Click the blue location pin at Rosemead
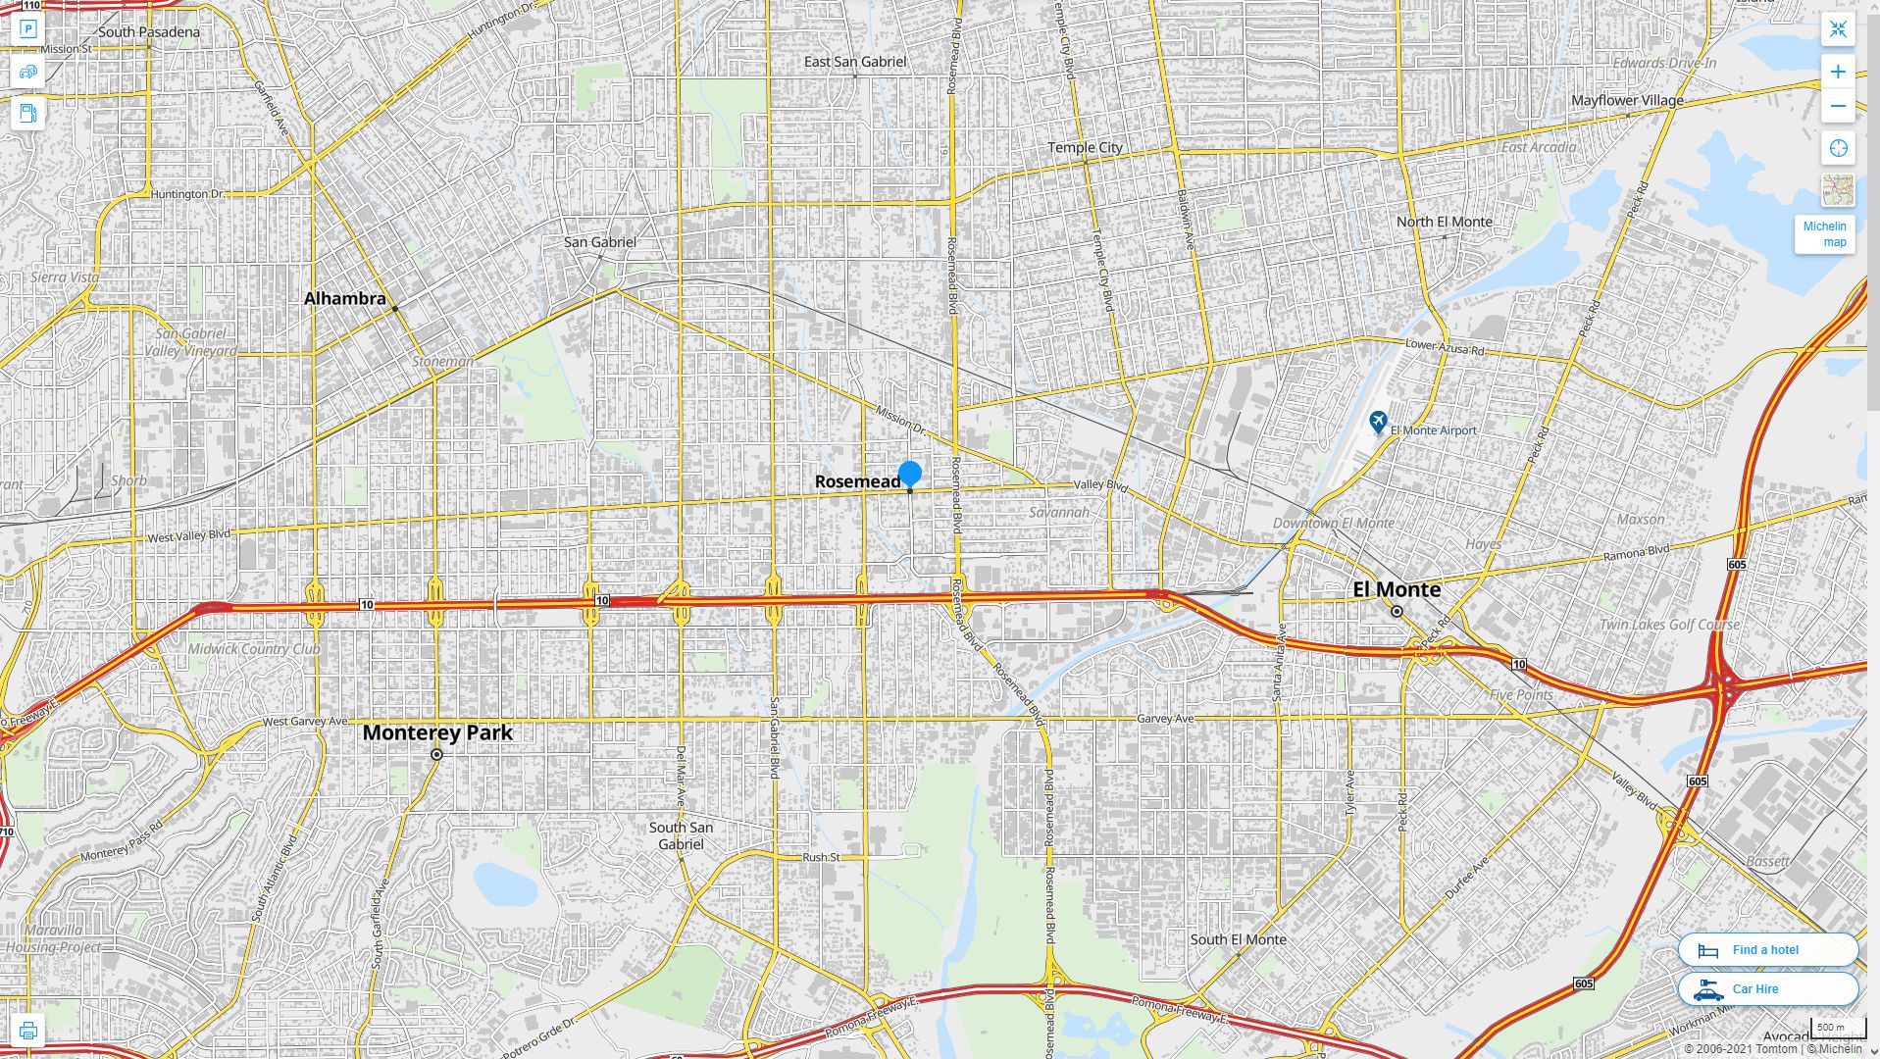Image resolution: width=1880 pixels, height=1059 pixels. (x=910, y=474)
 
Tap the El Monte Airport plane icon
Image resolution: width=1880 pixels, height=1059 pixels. (x=1378, y=423)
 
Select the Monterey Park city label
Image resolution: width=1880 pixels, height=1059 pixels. (x=437, y=732)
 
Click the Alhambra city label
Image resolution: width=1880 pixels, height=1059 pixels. (x=344, y=298)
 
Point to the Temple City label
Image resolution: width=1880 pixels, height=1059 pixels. (x=1085, y=147)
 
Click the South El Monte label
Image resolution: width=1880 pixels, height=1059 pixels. (x=1238, y=939)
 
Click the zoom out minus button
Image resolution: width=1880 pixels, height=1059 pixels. (x=1838, y=106)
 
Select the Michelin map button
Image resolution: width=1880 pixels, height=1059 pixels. (x=1824, y=233)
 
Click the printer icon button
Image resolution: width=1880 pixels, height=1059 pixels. (x=27, y=1030)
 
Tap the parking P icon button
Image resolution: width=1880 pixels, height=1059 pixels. (x=27, y=29)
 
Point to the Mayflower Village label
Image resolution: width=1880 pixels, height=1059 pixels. (x=1627, y=100)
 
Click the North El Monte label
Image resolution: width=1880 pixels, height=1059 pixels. (x=1444, y=222)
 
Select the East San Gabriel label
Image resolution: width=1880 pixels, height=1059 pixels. (x=855, y=61)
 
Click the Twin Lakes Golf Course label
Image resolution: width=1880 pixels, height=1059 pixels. (x=1669, y=624)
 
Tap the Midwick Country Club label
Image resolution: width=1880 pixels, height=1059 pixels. (x=254, y=648)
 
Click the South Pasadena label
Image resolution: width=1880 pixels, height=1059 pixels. (x=149, y=31)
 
